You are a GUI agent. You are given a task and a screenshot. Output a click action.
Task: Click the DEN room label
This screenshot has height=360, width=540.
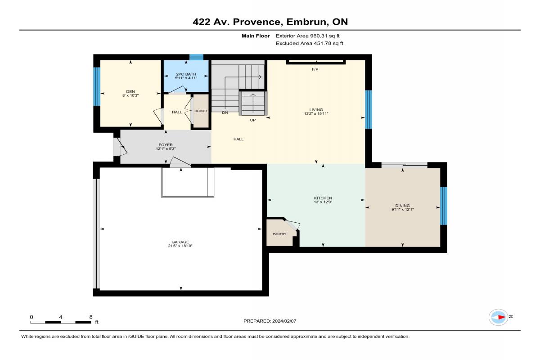[x=130, y=91]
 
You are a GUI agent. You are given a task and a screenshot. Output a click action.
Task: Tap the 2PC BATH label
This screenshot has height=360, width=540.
[x=186, y=74]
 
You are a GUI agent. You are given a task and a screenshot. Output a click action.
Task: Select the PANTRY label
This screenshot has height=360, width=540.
[x=279, y=234]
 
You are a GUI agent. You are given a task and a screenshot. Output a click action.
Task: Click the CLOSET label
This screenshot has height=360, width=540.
[x=201, y=111]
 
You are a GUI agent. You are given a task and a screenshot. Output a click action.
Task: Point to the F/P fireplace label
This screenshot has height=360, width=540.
[x=315, y=69]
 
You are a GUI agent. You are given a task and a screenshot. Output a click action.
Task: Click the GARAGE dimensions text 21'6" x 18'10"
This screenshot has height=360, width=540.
[x=180, y=246]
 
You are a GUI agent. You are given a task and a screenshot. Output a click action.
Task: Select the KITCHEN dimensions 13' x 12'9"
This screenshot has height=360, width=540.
[x=323, y=202]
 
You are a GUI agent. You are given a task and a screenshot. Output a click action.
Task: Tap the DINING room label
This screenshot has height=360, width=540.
[x=402, y=206]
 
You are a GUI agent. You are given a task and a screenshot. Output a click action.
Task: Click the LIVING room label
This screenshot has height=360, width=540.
[x=316, y=110]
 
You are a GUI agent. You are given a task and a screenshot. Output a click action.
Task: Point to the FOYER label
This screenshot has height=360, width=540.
[x=166, y=145]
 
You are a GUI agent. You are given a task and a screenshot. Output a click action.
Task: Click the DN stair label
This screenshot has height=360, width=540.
[x=225, y=112]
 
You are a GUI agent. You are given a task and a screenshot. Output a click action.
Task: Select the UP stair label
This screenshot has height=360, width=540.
[x=252, y=120]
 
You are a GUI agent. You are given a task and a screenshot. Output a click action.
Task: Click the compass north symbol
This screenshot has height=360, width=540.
[x=498, y=317]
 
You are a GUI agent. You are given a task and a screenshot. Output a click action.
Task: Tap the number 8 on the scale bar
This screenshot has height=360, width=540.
[x=90, y=317]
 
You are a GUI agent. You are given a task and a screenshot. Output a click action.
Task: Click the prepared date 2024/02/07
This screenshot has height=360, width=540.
[x=284, y=321]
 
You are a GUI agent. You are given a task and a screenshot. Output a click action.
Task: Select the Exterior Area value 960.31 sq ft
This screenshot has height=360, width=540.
[x=325, y=36]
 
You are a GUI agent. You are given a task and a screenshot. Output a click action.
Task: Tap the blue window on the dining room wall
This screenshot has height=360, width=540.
[x=444, y=206]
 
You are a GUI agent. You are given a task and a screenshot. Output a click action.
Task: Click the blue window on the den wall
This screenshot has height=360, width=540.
[x=97, y=86]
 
